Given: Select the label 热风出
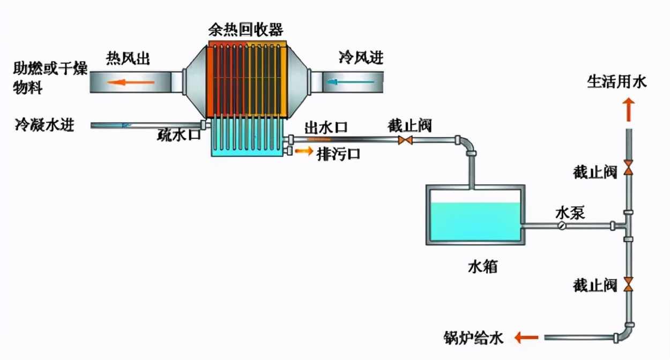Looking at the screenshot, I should pos(127,58).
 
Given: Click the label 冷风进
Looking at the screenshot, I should pos(361,57).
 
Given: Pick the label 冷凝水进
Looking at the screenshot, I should pos(44,125).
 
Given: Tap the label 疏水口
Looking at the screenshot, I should pos(179,135).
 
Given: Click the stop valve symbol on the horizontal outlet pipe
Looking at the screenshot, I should pos(405,140).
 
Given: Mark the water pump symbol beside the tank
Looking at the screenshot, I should pos(561,226).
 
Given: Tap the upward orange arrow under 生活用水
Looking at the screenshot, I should pos(628,110).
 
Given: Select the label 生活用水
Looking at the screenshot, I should pos(617,82).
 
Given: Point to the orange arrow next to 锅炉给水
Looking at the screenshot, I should pos(526,337).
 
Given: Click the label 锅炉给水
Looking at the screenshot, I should pos(474,338).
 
